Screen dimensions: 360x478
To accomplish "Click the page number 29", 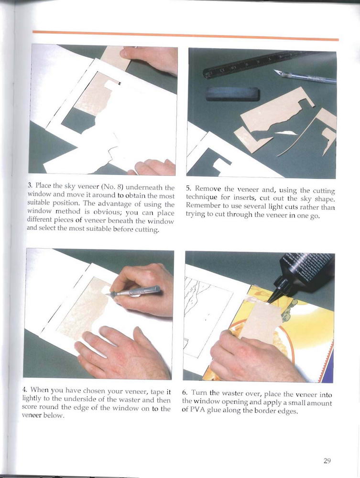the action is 327,461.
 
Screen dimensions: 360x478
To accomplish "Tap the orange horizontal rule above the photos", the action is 185,35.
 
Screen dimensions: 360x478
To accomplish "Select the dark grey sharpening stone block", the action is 232,94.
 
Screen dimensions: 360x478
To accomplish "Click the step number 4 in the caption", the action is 25,390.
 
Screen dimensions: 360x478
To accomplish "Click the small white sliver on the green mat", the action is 286,133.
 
